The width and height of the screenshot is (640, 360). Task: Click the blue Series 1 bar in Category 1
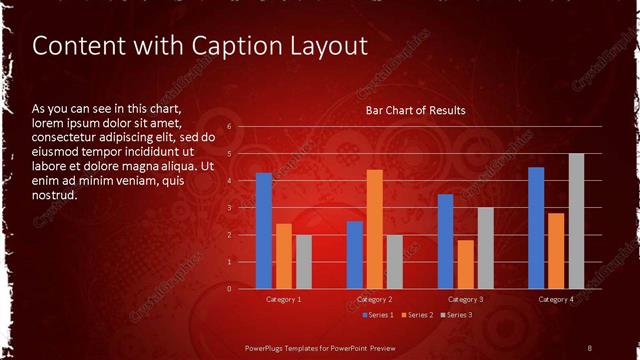[264, 230]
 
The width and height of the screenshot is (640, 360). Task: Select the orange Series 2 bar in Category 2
[375, 229]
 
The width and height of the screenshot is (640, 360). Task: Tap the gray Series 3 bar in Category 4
[577, 221]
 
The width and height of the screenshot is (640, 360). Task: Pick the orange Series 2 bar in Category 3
[465, 264]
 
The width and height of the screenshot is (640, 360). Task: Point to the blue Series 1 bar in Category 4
[536, 227]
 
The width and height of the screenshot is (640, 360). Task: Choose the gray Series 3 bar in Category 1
[304, 261]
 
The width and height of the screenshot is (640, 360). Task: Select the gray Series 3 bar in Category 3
[485, 248]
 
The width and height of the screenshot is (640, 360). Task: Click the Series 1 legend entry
[378, 315]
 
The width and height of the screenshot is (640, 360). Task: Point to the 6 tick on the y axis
[229, 127]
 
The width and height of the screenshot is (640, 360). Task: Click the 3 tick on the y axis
[229, 208]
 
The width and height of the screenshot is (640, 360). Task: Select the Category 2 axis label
[375, 299]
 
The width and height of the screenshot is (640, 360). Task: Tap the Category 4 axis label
[556, 299]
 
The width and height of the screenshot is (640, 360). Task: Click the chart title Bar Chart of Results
[415, 109]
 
